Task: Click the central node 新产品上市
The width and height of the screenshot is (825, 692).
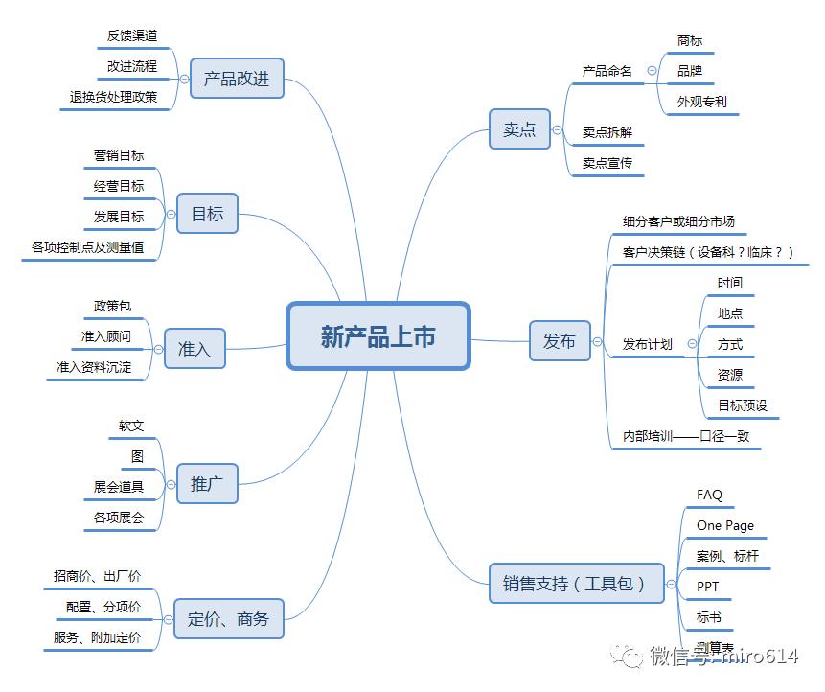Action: (378, 336)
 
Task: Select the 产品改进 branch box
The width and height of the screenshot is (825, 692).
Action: (237, 79)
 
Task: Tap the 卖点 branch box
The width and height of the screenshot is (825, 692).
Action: (519, 129)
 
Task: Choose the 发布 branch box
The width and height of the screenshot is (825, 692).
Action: (560, 341)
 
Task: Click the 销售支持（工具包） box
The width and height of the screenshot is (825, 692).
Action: (576, 583)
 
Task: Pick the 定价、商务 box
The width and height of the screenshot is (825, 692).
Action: (229, 619)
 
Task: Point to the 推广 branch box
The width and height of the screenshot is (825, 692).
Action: (207, 484)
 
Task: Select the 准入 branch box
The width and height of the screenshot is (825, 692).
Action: (194, 349)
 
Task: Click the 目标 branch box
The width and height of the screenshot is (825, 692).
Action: (207, 214)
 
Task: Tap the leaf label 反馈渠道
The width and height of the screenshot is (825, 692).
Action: (132, 35)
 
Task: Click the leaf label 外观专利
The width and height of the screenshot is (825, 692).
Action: (702, 101)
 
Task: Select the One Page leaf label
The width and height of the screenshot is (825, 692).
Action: (725, 525)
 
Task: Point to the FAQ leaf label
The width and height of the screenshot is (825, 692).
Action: (710, 495)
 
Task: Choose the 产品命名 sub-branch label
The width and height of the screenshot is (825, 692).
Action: (607, 71)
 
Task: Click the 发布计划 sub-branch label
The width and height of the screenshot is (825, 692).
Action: (648, 344)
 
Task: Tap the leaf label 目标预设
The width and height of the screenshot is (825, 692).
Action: (744, 405)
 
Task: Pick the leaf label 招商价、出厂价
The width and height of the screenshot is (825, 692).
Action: (98, 576)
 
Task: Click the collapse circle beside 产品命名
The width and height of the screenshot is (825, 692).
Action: (653, 71)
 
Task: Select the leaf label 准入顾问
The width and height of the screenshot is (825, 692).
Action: (106, 336)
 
